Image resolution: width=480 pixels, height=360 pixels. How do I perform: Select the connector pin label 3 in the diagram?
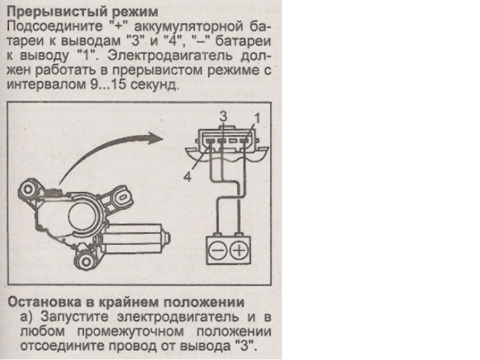point(223,116)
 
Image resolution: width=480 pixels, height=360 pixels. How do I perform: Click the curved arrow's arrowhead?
point(157,137)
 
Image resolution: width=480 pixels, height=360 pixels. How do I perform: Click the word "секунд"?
point(158,85)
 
